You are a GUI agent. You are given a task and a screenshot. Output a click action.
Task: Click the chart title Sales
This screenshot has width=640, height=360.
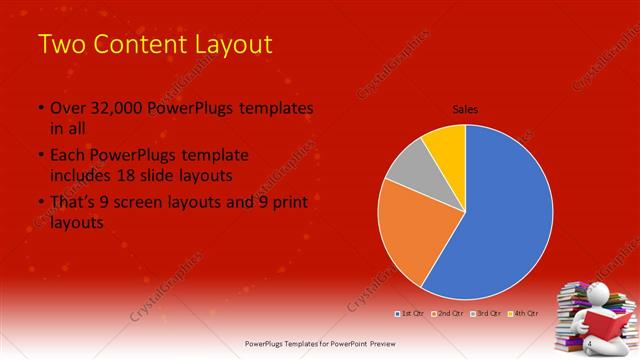click(x=465, y=108)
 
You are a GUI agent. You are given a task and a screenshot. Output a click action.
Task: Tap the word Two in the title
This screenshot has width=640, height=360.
click(x=59, y=44)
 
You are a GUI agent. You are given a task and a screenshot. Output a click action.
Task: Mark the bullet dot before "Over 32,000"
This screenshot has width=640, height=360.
click(x=40, y=108)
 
